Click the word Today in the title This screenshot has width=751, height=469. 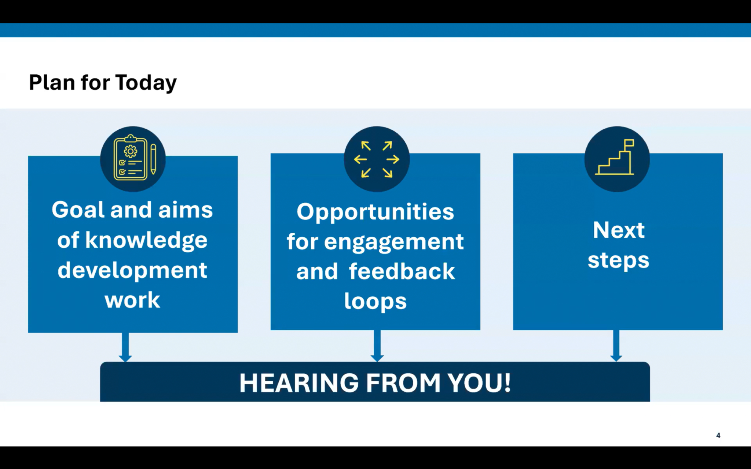(x=146, y=83)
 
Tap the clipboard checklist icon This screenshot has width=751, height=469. (x=131, y=158)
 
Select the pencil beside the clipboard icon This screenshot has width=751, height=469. (x=153, y=159)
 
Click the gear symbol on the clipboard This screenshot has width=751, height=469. (x=131, y=151)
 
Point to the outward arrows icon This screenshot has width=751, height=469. (x=377, y=159)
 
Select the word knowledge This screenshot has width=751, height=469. (x=146, y=241)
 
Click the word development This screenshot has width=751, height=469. (x=132, y=271)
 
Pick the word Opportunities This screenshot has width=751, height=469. (x=375, y=213)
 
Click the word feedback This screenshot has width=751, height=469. (x=402, y=272)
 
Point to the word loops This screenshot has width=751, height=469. (x=375, y=302)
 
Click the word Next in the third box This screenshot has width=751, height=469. (x=619, y=230)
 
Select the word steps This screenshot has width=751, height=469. (x=619, y=261)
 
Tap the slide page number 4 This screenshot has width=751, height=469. (x=718, y=435)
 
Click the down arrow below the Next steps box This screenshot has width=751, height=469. (x=616, y=346)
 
